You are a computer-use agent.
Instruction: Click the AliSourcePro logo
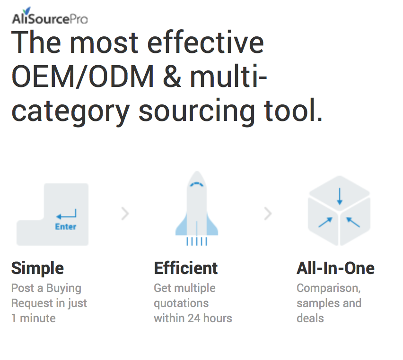click(50, 16)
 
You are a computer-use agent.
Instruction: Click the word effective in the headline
click(206, 42)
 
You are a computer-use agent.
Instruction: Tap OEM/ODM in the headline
click(82, 76)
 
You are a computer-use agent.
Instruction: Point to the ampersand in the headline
click(172, 77)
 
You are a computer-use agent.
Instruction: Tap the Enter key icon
click(53, 214)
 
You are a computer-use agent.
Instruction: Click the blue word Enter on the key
click(66, 227)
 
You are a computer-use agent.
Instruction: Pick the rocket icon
click(197, 208)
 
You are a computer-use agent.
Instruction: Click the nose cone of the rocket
click(197, 180)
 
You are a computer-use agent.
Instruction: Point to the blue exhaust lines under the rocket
click(197, 241)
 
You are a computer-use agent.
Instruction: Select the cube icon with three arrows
click(339, 211)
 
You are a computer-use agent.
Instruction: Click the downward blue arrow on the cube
click(340, 197)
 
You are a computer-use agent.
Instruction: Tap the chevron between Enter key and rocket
click(125, 214)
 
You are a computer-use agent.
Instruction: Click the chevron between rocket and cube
click(268, 214)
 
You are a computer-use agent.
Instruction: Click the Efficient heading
click(186, 268)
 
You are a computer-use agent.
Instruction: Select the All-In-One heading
click(335, 268)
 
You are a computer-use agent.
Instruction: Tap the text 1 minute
click(34, 318)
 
